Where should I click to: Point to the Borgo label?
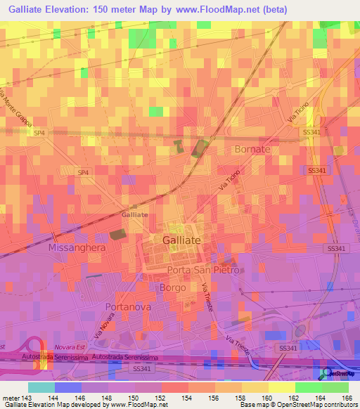[172, 288]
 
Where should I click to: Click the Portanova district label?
[128, 307]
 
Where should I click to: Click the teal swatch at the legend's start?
[41, 387]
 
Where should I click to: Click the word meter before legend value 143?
[13, 398]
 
